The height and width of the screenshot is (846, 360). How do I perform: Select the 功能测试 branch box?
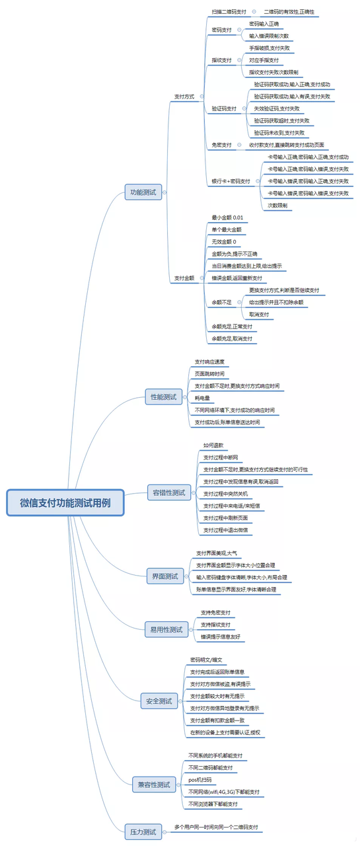point(143,192)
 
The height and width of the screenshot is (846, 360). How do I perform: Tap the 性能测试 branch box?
point(162,397)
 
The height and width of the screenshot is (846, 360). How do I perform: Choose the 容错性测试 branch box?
point(169,492)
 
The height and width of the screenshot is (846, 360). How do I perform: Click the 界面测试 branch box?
point(164,576)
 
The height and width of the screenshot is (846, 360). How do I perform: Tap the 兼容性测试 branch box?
point(153,785)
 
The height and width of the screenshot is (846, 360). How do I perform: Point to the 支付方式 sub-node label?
point(184,96)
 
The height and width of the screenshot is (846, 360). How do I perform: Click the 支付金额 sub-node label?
point(184,278)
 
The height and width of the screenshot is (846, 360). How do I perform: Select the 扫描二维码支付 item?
point(229,12)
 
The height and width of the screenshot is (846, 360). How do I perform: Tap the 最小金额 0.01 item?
point(227,217)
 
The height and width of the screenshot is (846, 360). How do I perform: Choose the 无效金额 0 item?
point(223,242)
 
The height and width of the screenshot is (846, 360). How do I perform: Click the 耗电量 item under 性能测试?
point(202,398)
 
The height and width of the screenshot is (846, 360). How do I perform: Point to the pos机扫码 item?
point(200,780)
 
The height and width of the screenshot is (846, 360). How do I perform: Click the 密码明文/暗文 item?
point(206,660)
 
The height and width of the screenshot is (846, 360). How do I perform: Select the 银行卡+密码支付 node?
point(231,181)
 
